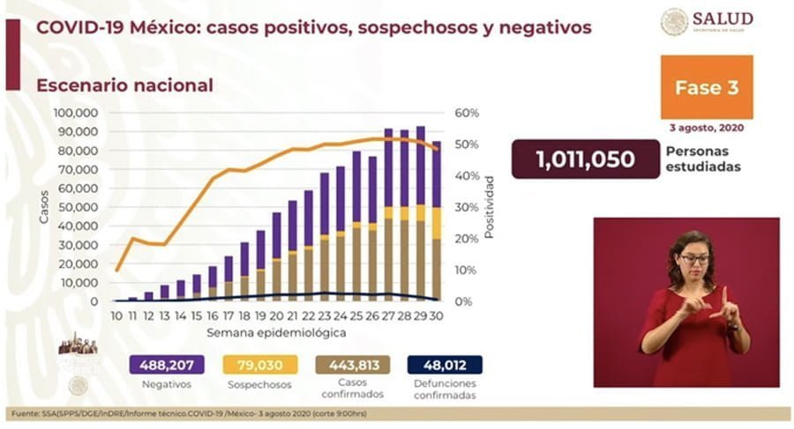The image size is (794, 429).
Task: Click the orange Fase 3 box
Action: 706,87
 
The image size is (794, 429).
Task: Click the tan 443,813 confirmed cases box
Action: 352,364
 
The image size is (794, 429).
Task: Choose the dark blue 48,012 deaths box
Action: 445,364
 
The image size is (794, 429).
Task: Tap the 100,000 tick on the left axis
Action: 75,114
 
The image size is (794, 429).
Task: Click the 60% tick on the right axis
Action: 467,114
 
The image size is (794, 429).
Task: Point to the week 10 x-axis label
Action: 116,315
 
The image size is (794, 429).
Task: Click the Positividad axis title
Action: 490,208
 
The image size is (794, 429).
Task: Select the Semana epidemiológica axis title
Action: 276,333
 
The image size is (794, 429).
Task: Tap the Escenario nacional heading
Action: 124,85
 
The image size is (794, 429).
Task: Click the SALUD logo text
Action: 723,18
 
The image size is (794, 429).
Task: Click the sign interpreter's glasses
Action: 693,259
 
